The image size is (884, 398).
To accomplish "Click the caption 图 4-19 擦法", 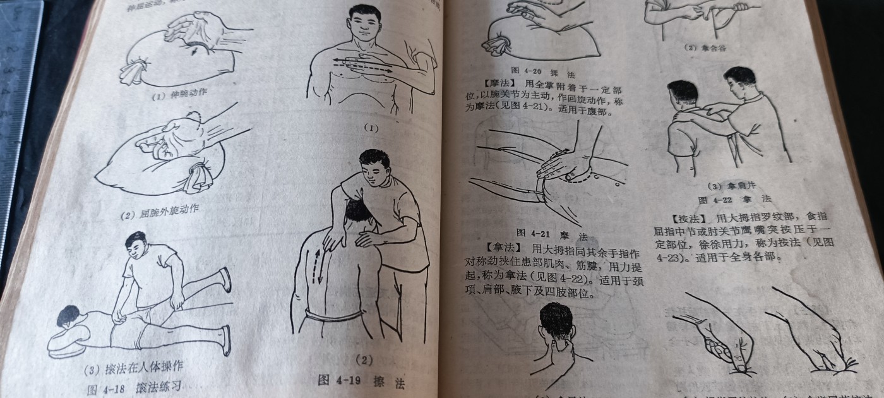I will [x=361, y=382].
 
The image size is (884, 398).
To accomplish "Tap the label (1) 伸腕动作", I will [x=179, y=95].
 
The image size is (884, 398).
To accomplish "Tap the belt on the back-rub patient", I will [x=335, y=314].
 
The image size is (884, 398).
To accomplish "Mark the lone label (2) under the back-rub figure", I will [x=364, y=360].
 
